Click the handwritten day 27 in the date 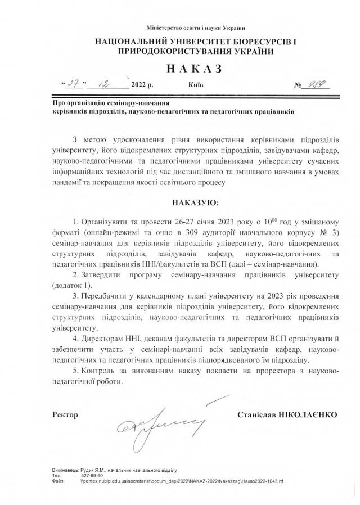point(73,85)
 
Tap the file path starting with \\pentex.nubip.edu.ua point(182,481)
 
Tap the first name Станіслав point(259,414)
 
